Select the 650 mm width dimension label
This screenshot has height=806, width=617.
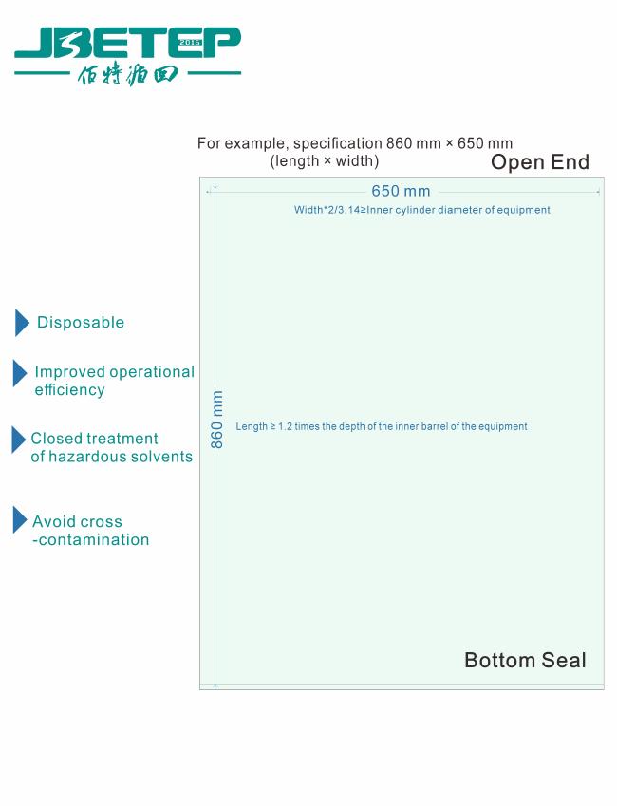click(x=401, y=191)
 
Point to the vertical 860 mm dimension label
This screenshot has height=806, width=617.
click(x=217, y=420)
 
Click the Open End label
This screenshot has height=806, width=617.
click(x=539, y=162)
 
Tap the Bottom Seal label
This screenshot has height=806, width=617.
click(x=525, y=660)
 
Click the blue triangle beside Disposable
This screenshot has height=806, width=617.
click(x=22, y=323)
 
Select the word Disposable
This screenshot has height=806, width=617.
click(x=81, y=323)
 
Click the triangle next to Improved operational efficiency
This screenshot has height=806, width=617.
click(x=20, y=373)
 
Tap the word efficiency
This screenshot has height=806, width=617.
click(x=69, y=390)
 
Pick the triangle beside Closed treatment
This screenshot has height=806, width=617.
click(x=18, y=440)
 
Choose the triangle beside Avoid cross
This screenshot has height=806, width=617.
click(x=20, y=520)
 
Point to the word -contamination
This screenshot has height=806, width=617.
click(x=91, y=540)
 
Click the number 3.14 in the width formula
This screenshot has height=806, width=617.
click(x=346, y=210)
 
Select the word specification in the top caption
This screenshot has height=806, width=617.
click(x=337, y=144)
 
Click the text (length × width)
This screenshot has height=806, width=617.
click(x=324, y=161)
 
